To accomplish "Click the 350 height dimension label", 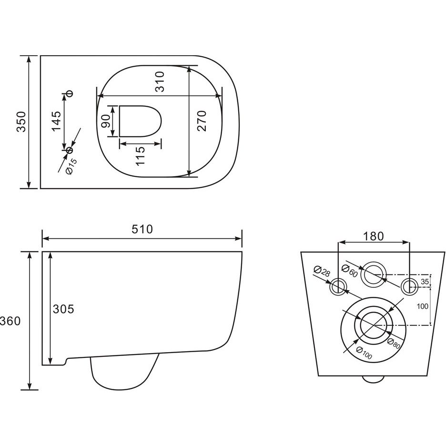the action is (x=21, y=122).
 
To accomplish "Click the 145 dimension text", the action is (x=56, y=121).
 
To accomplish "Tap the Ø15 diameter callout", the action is (x=71, y=167).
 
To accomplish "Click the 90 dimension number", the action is (x=105, y=122).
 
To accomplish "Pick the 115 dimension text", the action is (x=140, y=156).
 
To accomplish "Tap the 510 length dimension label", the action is (x=142, y=229).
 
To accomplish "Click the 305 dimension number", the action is (x=63, y=309).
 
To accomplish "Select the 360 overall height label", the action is (x=10, y=321).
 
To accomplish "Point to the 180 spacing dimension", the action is (x=374, y=236).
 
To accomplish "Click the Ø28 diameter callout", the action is (x=322, y=271).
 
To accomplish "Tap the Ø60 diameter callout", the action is (x=350, y=271).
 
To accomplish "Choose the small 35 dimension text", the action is (x=425, y=282).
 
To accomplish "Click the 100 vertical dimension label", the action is (x=422, y=306).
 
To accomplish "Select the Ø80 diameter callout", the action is (x=394, y=344).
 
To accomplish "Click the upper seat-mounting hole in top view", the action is (x=69, y=93).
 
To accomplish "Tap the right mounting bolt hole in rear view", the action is (x=409, y=287).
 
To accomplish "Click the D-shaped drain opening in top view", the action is (x=140, y=121).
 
